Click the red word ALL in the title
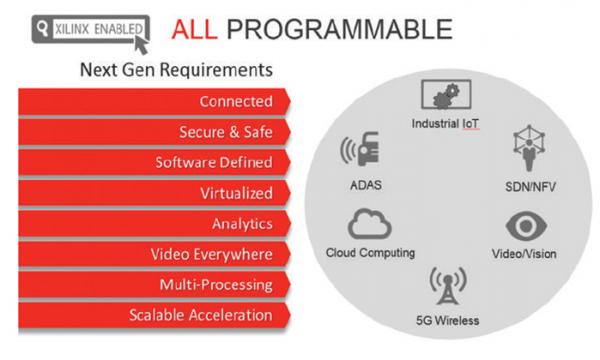tap(194, 29)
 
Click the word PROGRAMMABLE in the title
tap(340, 29)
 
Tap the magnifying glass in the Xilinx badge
tap(42, 28)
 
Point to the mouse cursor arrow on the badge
tap(141, 45)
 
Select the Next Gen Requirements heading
tap(176, 70)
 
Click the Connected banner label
tap(236, 101)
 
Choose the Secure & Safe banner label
tap(226, 132)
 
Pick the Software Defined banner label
tap(214, 162)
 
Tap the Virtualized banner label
tap(236, 193)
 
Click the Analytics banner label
tap(242, 224)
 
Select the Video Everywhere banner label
tap(212, 254)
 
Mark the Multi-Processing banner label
tap(216, 285)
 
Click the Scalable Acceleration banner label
tap(201, 315)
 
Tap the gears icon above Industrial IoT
tap(446, 94)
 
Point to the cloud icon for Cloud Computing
tap(369, 224)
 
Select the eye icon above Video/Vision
tap(526, 226)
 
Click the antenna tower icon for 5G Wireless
tap(448, 285)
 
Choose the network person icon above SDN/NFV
tap(529, 148)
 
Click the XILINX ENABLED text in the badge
tap(99, 29)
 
